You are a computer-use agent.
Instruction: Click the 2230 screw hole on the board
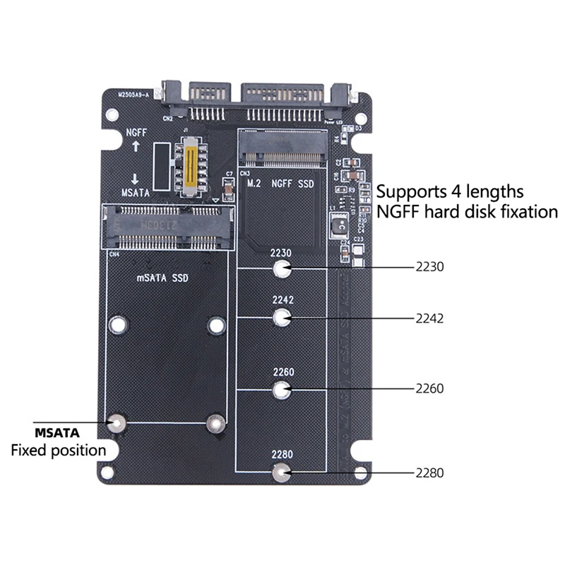click(x=282, y=268)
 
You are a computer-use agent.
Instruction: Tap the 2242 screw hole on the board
click(x=282, y=318)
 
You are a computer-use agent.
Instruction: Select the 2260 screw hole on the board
click(x=282, y=388)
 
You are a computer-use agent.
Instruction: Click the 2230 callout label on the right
click(x=429, y=268)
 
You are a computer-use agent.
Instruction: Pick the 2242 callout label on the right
click(x=429, y=318)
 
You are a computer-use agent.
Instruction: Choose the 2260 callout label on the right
click(x=429, y=388)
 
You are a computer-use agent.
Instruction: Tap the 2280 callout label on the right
click(x=429, y=473)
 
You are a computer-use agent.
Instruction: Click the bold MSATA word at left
click(x=57, y=432)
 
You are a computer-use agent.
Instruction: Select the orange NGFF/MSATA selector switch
click(x=189, y=167)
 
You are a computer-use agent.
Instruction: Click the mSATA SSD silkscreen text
click(x=162, y=278)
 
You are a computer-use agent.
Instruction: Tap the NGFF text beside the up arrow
click(x=136, y=132)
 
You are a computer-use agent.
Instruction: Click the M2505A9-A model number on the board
click(x=132, y=94)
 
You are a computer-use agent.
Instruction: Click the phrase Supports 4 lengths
click(x=449, y=191)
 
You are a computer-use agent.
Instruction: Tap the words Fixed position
click(x=58, y=450)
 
